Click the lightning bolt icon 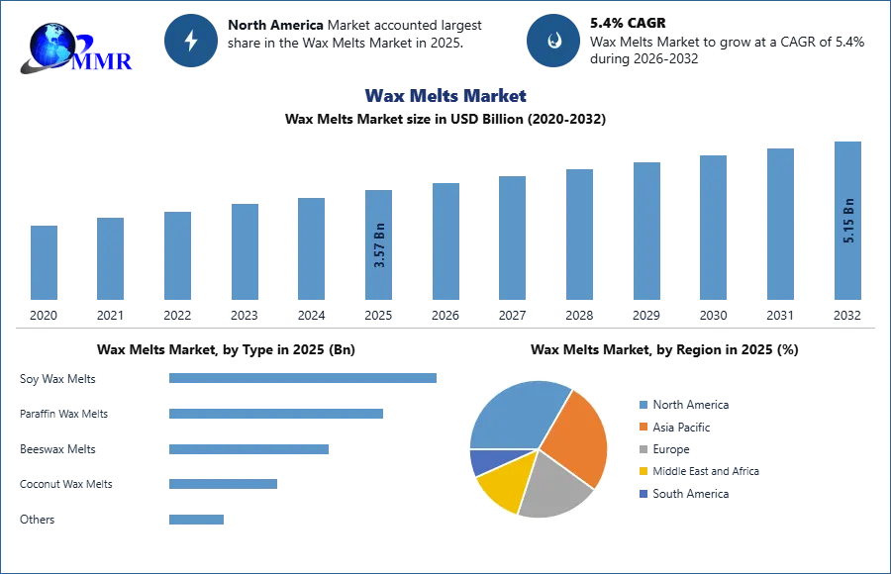(192, 41)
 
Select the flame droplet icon (553, 41)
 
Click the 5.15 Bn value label (848, 222)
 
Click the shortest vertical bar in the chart (44, 261)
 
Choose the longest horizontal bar (304, 379)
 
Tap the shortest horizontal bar (197, 521)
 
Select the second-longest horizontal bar (276, 412)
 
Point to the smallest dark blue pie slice (484, 460)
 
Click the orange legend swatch (643, 428)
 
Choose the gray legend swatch (643, 450)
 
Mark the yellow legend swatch (643, 471)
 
